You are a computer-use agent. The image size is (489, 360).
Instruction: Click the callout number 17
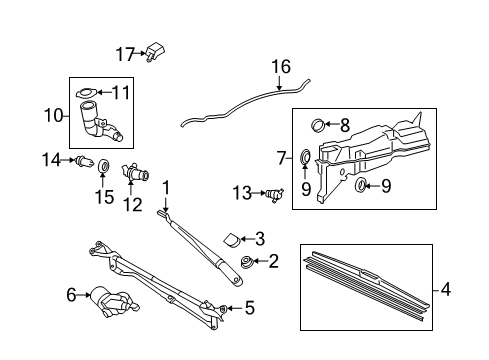[x=123, y=53]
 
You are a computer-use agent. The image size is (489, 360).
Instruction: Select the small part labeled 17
[x=157, y=52]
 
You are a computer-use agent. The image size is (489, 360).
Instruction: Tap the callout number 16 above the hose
[x=281, y=67]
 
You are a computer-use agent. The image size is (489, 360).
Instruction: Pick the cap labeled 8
[x=317, y=126]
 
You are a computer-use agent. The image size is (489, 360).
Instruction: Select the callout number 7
[x=282, y=158]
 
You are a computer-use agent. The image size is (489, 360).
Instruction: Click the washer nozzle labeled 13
[x=273, y=192]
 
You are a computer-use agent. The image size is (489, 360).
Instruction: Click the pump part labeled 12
[x=133, y=174]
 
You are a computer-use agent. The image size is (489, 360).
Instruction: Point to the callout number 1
[x=167, y=186]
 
